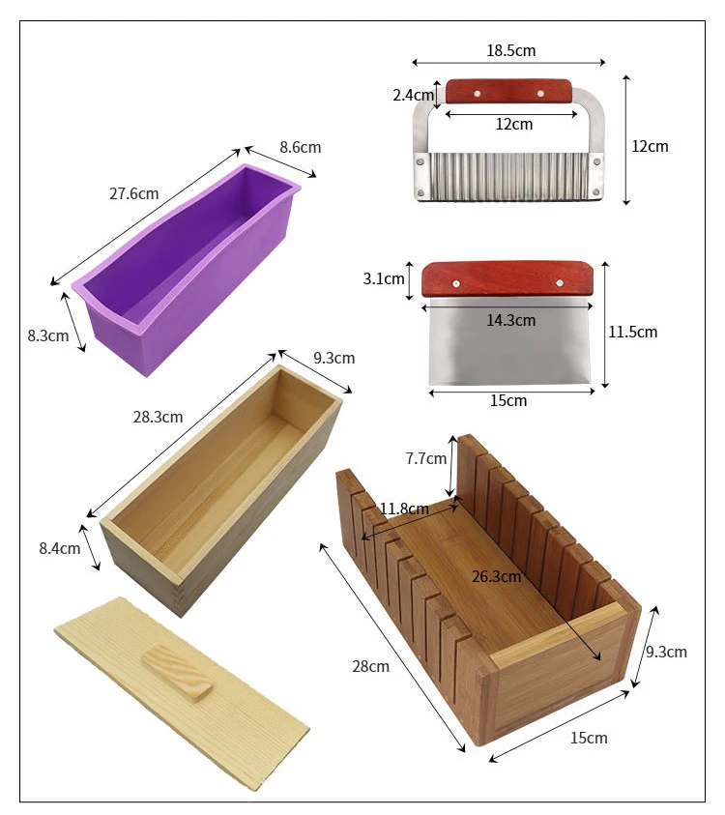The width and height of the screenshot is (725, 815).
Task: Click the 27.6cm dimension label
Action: pyautogui.click(x=133, y=193)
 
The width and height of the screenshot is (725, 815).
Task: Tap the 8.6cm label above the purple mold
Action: pyautogui.click(x=300, y=148)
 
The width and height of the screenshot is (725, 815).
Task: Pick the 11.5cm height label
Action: pyautogui.click(x=633, y=332)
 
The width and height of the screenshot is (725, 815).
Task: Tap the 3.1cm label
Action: pyautogui.click(x=384, y=279)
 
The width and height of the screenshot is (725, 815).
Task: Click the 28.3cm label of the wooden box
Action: pyautogui.click(x=159, y=418)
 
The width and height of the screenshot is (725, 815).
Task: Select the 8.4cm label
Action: pyautogui.click(x=60, y=548)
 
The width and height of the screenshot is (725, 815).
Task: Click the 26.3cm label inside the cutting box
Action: pyautogui.click(x=496, y=577)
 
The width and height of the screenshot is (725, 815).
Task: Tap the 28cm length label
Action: pyautogui.click(x=371, y=666)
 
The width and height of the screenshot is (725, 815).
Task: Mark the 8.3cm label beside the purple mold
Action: pyautogui.click(x=48, y=336)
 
